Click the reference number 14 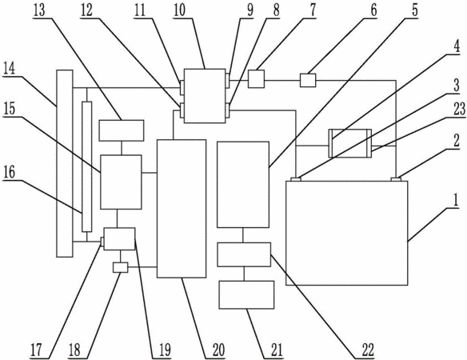pyautogui.click(x=9, y=70)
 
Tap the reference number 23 pyautogui.click(x=460, y=109)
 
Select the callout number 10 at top pyautogui.click(x=179, y=10)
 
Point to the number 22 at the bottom pyautogui.click(x=368, y=350)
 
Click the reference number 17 pyautogui.click(x=37, y=350)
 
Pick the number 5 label pyautogui.click(x=415, y=10)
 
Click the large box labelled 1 pyautogui.click(x=347, y=233)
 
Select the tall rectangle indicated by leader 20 pyautogui.click(x=182, y=209)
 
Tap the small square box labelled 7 pyautogui.click(x=256, y=78)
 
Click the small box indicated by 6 pyautogui.click(x=308, y=81)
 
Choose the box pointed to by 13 pyautogui.click(x=122, y=130)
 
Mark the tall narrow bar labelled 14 pyautogui.click(x=65, y=163)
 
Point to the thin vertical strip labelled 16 pyautogui.click(x=87, y=166)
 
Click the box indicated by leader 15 pyautogui.click(x=121, y=182)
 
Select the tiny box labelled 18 pyautogui.click(x=120, y=267)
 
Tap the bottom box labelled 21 pyautogui.click(x=246, y=294)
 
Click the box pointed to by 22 pyautogui.click(x=244, y=254)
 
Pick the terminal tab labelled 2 pyautogui.click(x=396, y=179)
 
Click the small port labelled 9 pyautogui.click(x=228, y=81)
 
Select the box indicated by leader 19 pyautogui.click(x=119, y=238)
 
